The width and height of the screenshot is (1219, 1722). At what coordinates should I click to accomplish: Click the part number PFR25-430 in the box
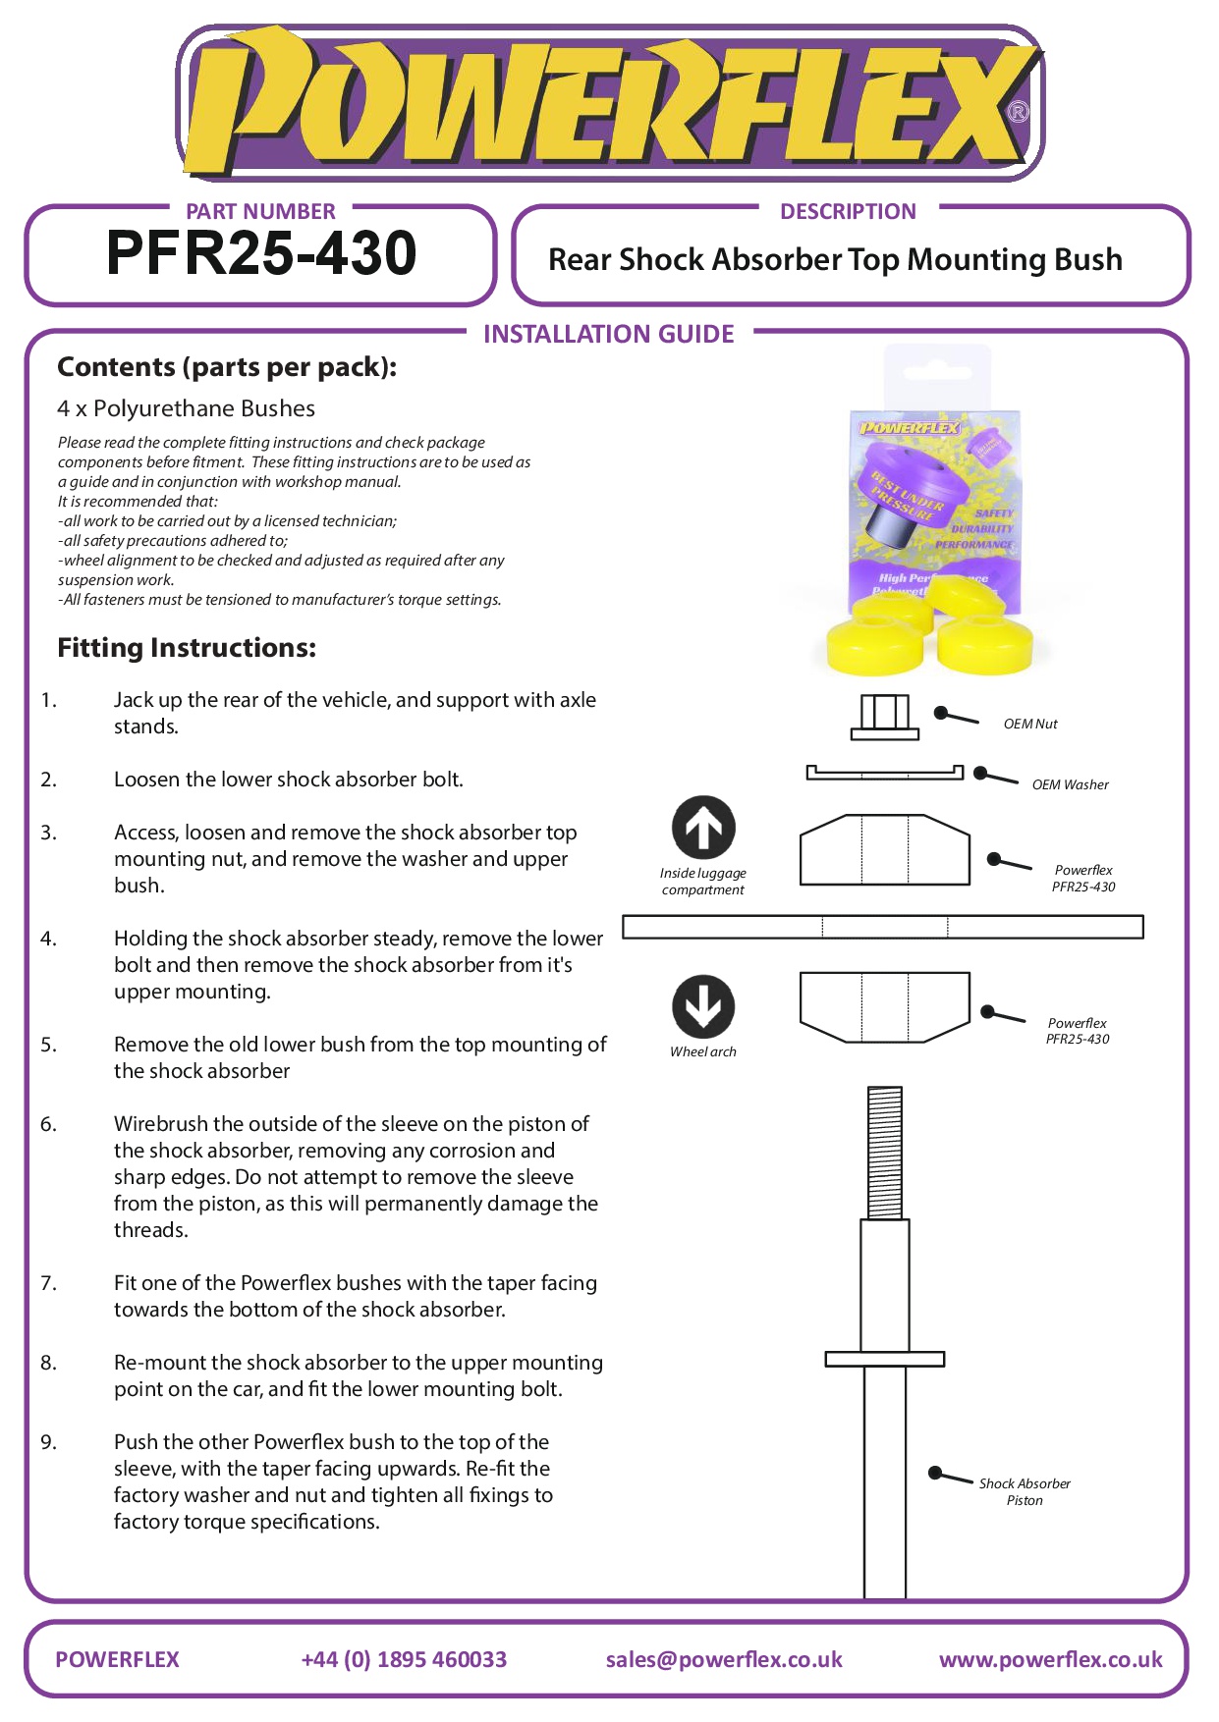261,253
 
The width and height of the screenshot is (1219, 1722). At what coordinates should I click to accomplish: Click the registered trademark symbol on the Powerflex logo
1019,112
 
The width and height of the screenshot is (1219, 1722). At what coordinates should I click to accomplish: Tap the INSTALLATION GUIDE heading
608,334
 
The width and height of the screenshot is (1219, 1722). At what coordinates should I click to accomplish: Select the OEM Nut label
1029,724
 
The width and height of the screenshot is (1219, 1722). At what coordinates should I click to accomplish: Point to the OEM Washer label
1070,784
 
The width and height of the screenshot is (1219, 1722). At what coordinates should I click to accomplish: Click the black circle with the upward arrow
703,828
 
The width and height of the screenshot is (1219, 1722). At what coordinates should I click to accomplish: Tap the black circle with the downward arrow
703,1006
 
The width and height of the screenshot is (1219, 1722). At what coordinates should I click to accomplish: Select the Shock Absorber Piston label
1025,1491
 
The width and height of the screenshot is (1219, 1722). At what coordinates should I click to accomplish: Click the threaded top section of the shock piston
885,1152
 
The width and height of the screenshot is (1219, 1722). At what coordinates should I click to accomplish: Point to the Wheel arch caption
703,1051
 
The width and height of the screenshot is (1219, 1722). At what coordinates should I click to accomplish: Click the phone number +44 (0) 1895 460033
404,1659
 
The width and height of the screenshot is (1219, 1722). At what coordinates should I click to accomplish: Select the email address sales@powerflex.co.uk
724,1659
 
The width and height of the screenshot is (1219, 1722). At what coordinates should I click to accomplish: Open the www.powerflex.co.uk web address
1050,1659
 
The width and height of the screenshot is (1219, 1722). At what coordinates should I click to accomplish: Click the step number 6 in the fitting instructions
48,1124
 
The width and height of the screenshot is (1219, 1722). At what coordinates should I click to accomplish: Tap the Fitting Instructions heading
187,648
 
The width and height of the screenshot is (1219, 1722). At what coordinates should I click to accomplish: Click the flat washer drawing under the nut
884,774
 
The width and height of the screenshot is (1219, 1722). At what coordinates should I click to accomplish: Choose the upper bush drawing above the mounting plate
884,850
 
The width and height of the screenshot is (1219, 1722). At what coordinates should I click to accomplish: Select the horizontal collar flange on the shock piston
884,1359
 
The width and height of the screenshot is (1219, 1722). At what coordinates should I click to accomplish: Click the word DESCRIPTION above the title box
848,211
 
